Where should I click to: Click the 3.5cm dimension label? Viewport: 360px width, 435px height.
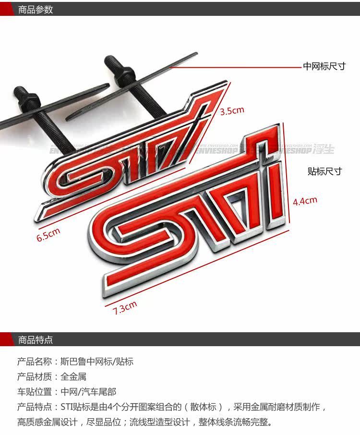click(x=232, y=111)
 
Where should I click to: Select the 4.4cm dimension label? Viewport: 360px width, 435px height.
click(x=305, y=201)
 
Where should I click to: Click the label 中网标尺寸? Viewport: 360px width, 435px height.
click(x=324, y=66)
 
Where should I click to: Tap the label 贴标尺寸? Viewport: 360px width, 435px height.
click(x=324, y=171)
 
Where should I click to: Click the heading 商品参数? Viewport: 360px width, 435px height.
click(x=36, y=9)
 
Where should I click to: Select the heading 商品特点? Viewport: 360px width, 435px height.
click(x=36, y=340)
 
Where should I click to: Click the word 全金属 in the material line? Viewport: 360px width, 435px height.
click(x=73, y=377)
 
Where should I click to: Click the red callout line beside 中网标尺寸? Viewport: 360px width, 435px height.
click(x=235, y=68)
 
